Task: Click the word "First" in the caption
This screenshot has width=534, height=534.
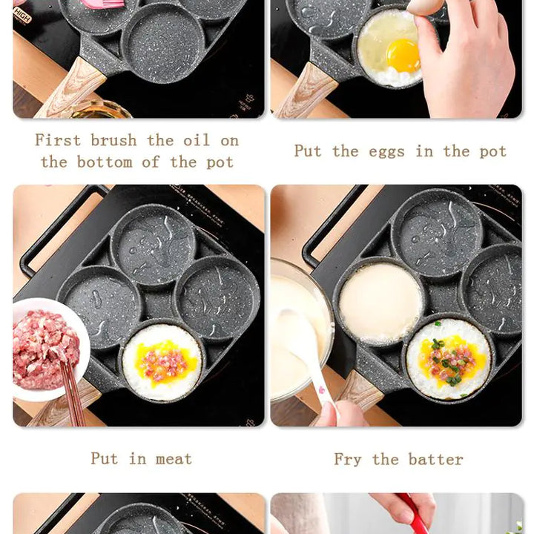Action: (58, 140)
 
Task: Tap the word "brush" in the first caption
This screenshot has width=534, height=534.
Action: (113, 140)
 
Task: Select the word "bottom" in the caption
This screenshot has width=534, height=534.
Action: (105, 162)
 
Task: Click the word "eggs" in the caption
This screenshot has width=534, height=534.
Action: (387, 151)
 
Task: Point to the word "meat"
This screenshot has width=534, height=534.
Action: (174, 458)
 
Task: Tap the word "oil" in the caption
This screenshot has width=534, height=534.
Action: (196, 140)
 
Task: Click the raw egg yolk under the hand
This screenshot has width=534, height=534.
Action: (403, 55)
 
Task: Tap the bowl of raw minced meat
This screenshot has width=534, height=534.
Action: (48, 349)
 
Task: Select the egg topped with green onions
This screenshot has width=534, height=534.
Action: (448, 359)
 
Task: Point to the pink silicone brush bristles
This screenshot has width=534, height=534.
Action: (98, 4)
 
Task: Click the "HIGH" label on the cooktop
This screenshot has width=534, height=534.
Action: (22, 14)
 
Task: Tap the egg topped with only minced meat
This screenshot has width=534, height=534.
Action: (162, 362)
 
